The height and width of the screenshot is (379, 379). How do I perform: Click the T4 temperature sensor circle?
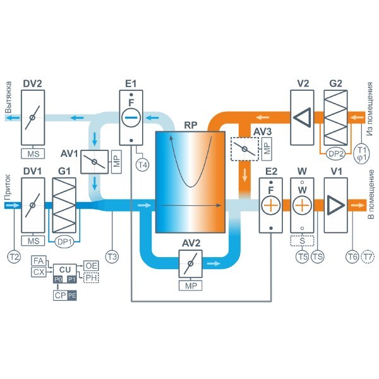pos(143,165)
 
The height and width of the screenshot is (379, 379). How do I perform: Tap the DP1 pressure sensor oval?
pos(64,241)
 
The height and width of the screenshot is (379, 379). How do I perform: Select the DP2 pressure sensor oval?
pos(335,153)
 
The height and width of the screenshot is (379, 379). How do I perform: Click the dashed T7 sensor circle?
pos(367,256)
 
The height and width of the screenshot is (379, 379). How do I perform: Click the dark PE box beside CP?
pos(72,296)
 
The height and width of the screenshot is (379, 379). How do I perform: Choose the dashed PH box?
pos(91,277)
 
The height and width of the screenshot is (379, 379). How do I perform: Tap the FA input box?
pos(39,261)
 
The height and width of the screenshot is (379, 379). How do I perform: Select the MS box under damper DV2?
pos(33,153)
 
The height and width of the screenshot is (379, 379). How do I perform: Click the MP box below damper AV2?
pos(191,286)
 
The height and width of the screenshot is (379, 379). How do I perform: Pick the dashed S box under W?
pos(302,241)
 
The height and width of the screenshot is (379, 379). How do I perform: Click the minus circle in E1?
pos(131,117)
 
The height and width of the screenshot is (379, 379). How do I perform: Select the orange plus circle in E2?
pos(271,205)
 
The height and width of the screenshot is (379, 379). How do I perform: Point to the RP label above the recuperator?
pos(191,125)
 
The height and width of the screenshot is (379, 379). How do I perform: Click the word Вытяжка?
pos(8,97)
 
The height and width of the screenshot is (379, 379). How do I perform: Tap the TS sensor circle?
pos(317,256)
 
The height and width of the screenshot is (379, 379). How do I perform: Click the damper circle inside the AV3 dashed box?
pos(244,149)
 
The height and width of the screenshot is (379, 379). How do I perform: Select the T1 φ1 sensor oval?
pos(361,153)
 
